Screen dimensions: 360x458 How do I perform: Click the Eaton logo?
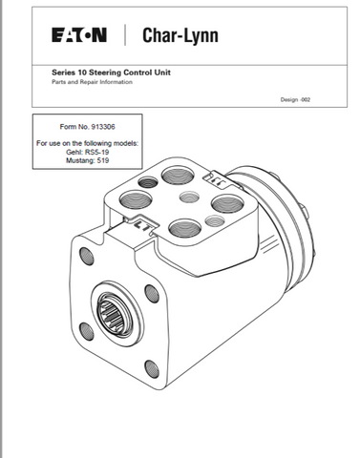click(79, 35)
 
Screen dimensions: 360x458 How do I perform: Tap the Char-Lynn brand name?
click(180, 35)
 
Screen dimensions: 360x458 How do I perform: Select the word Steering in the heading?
click(105, 73)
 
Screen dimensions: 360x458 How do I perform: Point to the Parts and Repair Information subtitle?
click(92, 82)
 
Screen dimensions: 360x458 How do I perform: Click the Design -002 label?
click(295, 99)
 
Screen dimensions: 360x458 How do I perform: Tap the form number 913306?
click(103, 127)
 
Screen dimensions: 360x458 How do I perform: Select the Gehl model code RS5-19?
click(96, 152)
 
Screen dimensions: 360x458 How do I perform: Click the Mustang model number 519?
click(103, 160)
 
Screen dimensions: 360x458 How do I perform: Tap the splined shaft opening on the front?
click(116, 314)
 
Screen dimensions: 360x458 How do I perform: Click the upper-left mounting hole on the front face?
click(86, 256)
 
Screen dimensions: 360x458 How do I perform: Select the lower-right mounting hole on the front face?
click(152, 369)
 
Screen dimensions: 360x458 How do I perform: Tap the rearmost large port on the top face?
click(178, 175)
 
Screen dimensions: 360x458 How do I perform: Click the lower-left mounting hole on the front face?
click(87, 331)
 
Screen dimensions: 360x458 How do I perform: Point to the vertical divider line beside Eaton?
click(125, 35)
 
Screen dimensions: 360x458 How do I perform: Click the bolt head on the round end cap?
click(304, 213)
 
